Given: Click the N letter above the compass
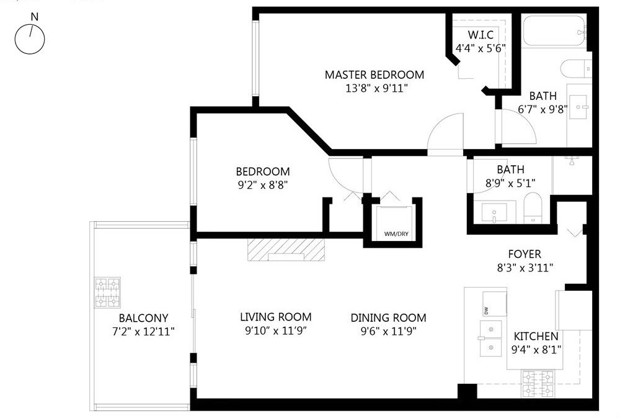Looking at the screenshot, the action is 35,17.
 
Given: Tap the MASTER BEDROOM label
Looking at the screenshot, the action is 374,75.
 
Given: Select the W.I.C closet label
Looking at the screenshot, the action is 481,35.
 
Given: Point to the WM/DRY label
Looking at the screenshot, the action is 396,234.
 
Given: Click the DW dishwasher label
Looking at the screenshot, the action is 486,311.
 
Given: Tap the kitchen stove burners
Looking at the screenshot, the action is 538,384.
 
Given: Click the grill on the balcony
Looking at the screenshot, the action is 107,293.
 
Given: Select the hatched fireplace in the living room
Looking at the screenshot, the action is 286,250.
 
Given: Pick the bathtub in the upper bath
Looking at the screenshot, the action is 554,31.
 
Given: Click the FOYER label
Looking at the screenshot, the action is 525,254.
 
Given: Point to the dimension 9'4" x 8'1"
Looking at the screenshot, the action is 536,350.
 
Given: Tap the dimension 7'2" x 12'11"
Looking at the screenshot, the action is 144,331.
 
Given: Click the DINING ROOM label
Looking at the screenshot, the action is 388,318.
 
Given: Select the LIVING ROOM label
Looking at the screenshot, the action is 276,317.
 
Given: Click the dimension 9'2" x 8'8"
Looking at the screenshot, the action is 262,184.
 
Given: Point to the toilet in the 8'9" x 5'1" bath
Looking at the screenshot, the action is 533,208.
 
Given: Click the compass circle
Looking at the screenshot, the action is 30,39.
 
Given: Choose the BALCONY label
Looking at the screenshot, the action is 144,318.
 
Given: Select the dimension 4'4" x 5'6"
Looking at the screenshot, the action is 481,48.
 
